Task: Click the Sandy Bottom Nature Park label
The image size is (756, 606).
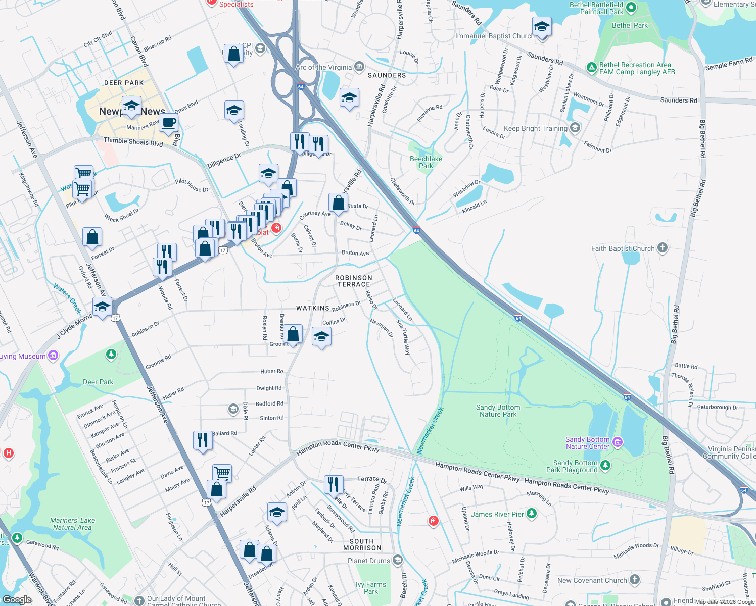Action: point(498,411)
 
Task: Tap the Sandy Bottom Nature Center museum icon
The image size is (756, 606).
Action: point(617,443)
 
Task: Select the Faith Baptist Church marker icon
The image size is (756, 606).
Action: point(663,248)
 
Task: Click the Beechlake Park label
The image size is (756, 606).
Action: point(426,162)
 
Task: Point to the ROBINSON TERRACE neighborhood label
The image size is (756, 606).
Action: point(354,281)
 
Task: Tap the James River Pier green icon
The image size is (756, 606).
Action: point(531,514)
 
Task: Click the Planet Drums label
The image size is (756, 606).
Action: point(369,561)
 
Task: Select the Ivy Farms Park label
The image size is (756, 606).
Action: point(371,588)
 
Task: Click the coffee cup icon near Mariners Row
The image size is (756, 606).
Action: point(169,123)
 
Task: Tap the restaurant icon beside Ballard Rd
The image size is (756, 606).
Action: point(202,440)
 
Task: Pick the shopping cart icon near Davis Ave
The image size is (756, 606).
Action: point(222,473)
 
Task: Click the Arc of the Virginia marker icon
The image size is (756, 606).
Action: point(359,67)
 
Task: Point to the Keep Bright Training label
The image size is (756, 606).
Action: point(536,128)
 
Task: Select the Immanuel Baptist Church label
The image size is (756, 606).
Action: point(494,36)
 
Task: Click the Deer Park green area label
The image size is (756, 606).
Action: point(98,382)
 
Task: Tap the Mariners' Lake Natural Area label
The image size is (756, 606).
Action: point(72,524)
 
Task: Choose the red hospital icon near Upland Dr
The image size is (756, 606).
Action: point(433,521)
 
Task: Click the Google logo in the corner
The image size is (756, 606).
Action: point(17,599)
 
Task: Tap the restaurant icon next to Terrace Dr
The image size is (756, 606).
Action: point(333,485)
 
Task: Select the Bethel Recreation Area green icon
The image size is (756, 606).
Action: point(591,67)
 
